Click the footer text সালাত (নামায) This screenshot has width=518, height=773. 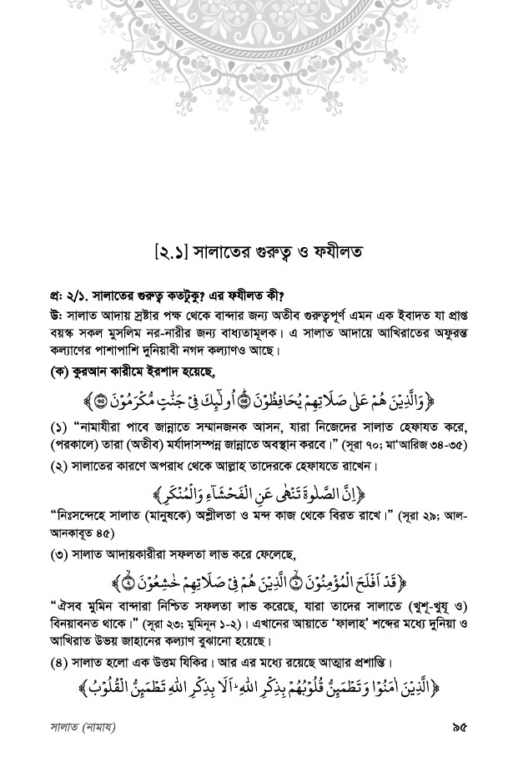pyautogui.click(x=82, y=727)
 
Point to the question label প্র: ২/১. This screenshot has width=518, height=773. pyautogui.click(x=66, y=294)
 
